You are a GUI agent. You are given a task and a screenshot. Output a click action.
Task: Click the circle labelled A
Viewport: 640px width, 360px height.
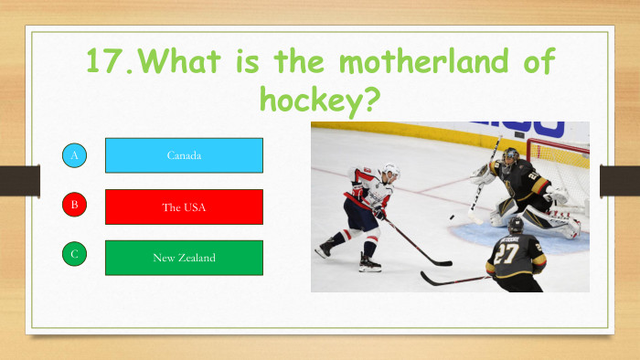75,156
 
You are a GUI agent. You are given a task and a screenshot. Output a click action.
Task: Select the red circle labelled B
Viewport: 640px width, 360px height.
75,206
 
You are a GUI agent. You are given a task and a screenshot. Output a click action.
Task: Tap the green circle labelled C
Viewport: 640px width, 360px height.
75,256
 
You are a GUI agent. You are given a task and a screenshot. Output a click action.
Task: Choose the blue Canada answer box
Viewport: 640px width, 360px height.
184,155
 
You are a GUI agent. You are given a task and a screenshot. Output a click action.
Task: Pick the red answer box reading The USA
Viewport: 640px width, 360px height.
184,206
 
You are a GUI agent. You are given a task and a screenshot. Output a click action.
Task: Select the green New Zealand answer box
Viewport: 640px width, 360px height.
184,258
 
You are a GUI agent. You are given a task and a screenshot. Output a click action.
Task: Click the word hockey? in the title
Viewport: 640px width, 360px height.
320,98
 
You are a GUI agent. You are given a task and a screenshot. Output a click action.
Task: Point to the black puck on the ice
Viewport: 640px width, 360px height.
451,217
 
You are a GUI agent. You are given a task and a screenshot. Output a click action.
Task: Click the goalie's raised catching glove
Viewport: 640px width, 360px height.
483,174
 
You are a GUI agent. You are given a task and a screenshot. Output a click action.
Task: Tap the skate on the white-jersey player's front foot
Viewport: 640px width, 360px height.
369,264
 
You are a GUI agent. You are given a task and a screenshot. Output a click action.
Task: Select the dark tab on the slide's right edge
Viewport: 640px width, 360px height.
619,180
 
